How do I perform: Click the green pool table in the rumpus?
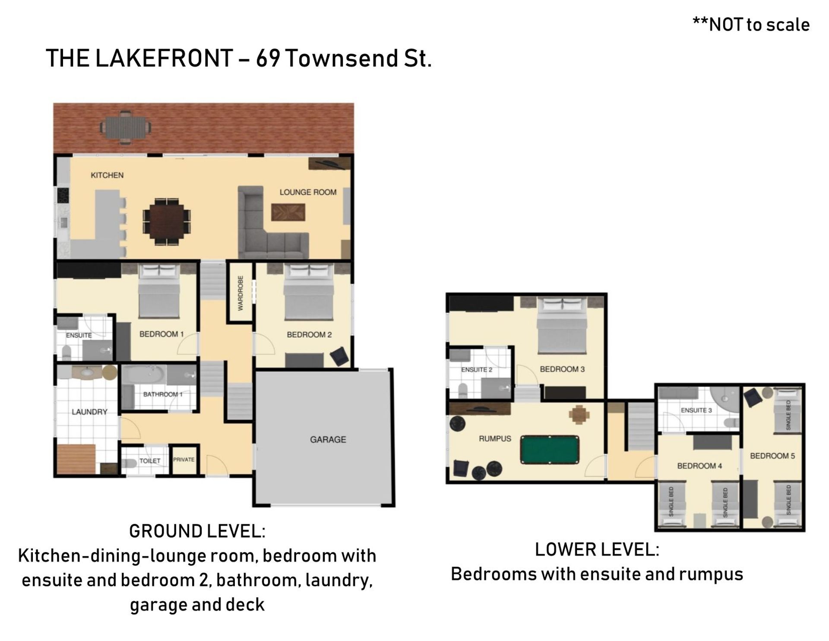click(x=550, y=450)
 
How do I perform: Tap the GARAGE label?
click(x=328, y=440)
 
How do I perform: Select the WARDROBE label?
click(x=240, y=293)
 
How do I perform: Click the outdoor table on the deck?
click(x=126, y=127)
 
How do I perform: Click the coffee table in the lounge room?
click(x=288, y=212)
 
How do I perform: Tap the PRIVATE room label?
click(x=184, y=460)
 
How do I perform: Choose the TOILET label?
click(x=150, y=461)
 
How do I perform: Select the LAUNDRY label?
click(x=89, y=412)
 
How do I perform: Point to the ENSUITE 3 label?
click(x=696, y=410)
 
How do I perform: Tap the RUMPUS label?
click(x=495, y=439)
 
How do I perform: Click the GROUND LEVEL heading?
click(x=197, y=531)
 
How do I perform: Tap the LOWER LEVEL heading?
click(x=597, y=550)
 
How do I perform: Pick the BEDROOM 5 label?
click(x=772, y=456)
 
